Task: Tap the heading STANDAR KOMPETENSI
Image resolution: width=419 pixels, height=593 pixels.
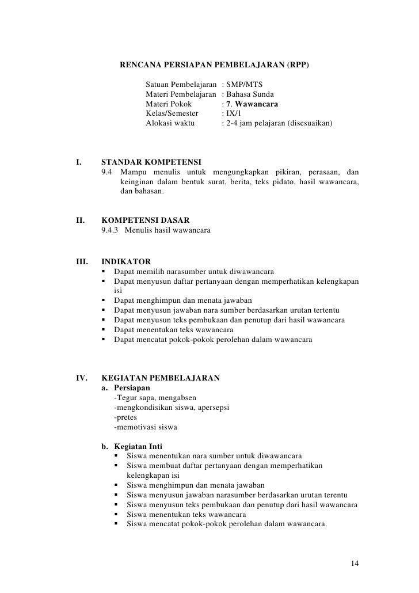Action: pyautogui.click(x=151, y=162)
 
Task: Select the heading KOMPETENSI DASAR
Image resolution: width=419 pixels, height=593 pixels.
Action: pyautogui.click(x=147, y=221)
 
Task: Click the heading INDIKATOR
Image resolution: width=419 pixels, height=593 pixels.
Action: pyautogui.click(x=126, y=261)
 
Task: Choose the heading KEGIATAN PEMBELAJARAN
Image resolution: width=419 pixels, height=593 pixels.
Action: pyautogui.click(x=160, y=379)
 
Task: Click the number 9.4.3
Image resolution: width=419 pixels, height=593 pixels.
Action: pyautogui.click(x=111, y=231)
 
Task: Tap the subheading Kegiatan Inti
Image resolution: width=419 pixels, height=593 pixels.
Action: pyautogui.click(x=138, y=446)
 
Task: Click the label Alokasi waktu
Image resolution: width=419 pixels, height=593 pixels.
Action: pyautogui.click(x=170, y=124)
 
